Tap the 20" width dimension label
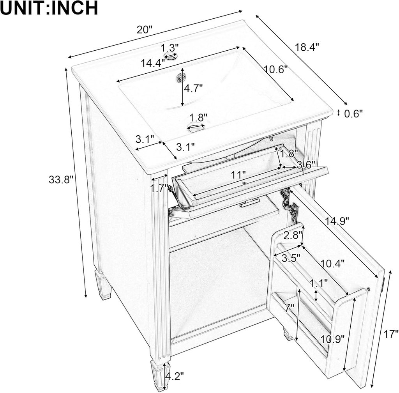145,30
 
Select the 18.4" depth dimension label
307,47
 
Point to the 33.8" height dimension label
61,180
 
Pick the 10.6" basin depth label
275,69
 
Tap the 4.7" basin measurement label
193,89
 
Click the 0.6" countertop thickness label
353,113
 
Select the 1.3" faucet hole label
170,47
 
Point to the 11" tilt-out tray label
238,175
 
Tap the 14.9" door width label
336,221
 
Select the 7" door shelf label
289,308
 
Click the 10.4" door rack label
332,263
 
